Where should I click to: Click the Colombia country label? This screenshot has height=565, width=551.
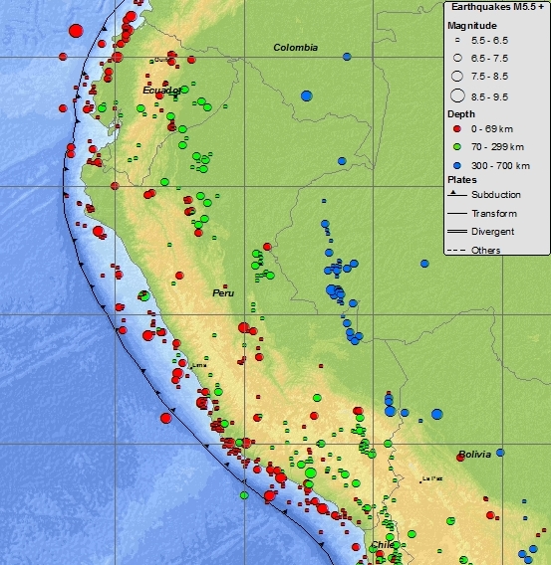296,47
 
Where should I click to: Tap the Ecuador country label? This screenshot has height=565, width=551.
161,91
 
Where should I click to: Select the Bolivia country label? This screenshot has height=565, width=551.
475,455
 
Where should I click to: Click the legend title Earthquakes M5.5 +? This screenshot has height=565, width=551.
495,7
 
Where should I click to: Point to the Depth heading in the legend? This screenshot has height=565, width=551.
460,114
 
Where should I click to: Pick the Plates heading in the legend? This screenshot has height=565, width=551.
461,179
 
